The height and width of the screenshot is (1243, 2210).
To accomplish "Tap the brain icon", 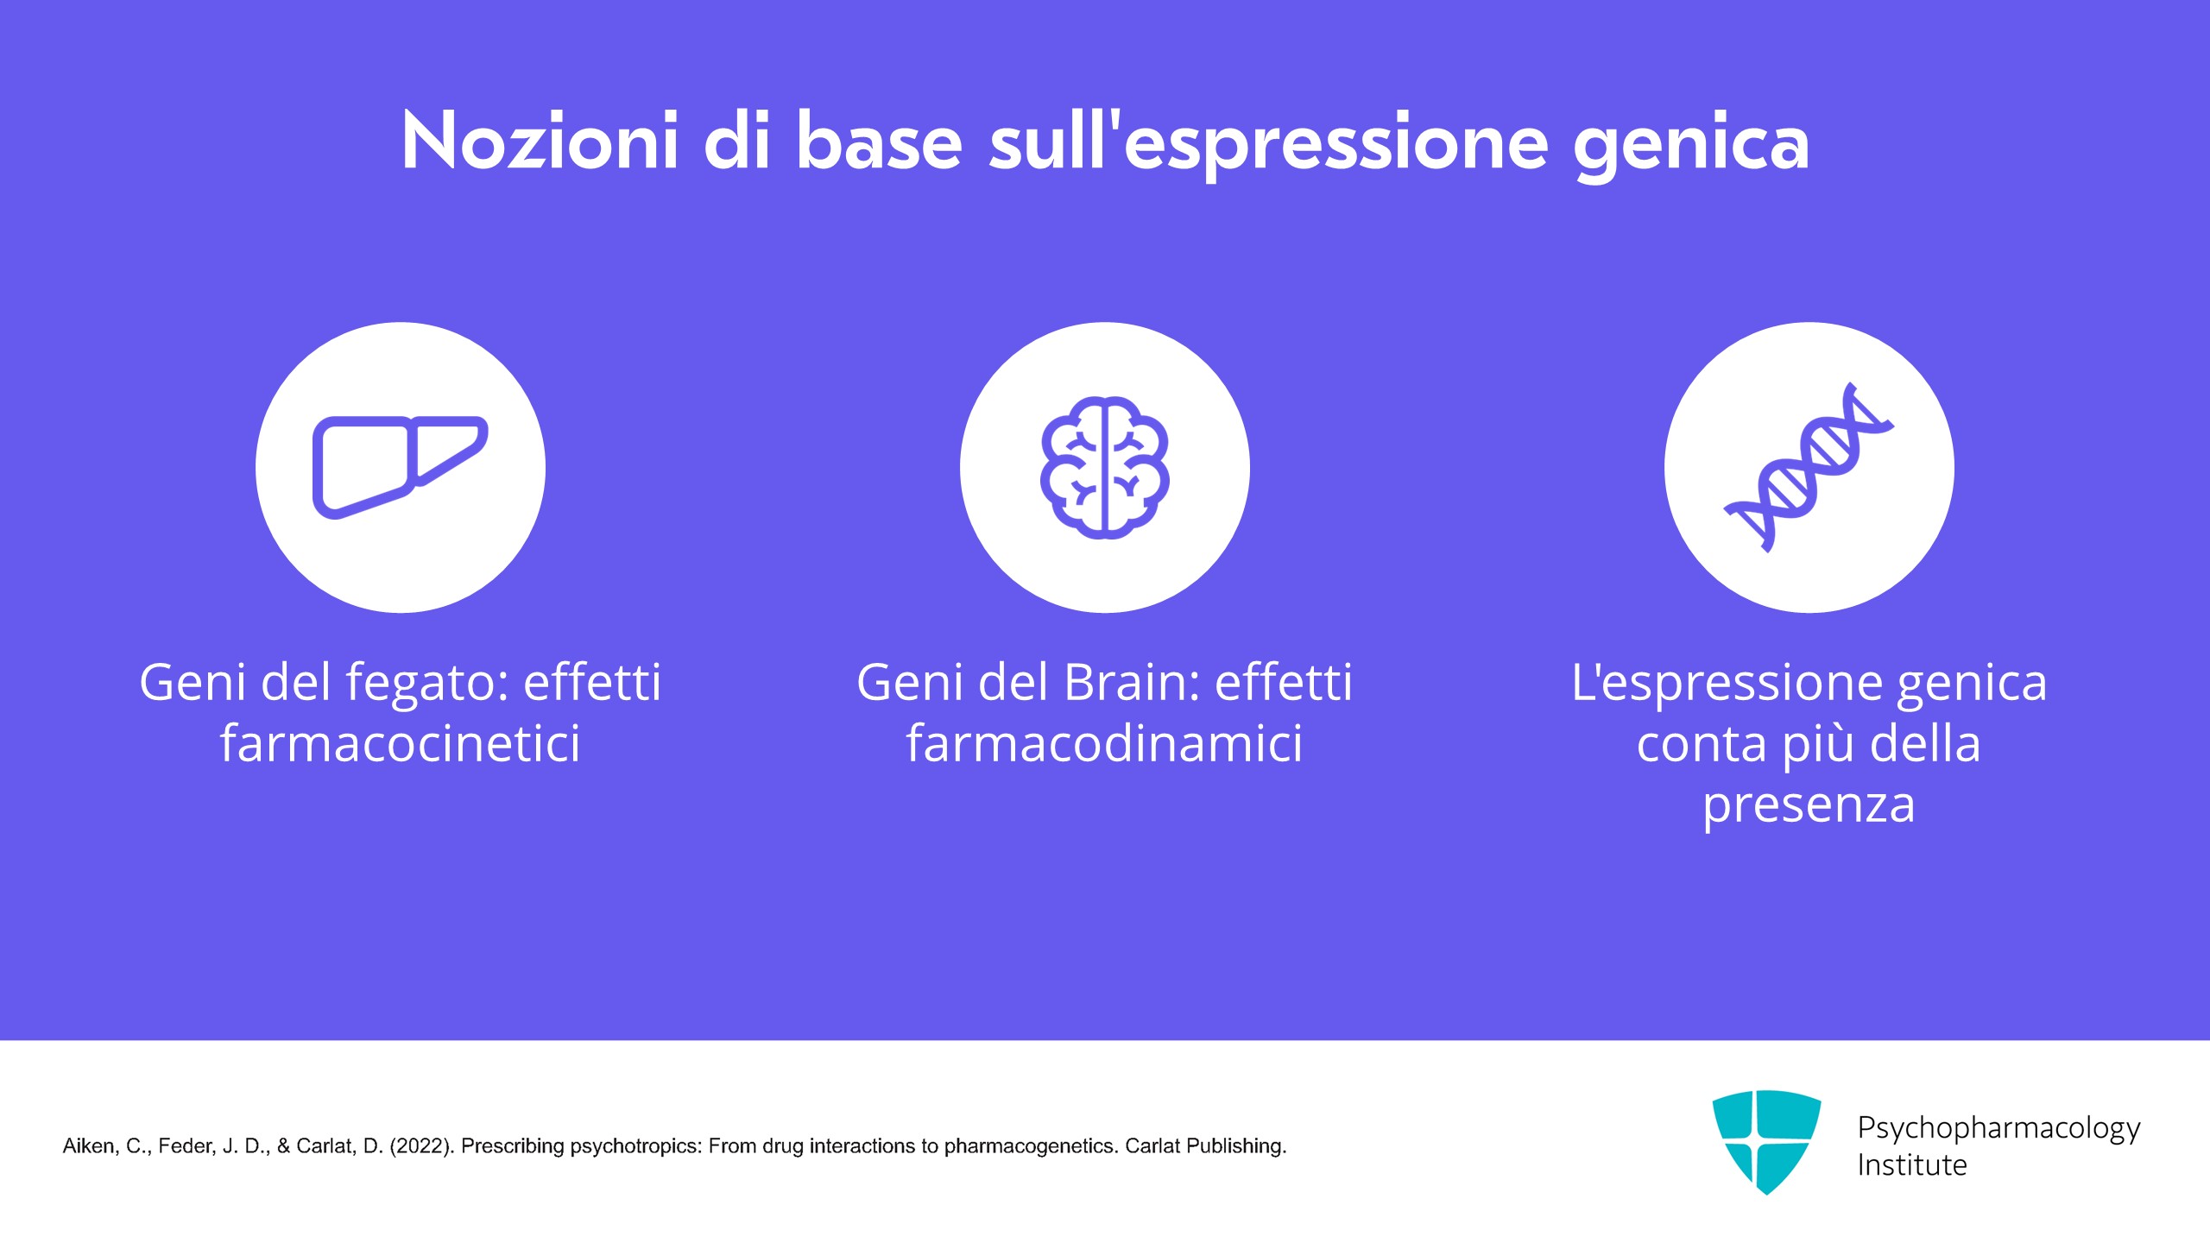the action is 1105,467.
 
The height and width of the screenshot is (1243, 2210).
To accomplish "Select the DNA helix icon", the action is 1809,467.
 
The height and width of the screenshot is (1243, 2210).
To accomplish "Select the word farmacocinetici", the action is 401,743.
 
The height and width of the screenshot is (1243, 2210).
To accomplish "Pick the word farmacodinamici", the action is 1104,743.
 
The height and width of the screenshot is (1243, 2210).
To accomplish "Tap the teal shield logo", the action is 1766,1142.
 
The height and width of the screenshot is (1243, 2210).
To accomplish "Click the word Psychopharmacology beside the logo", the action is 1998,1129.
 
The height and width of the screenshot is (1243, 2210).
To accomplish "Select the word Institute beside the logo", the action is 1912,1165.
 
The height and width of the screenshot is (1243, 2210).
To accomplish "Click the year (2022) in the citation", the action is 422,1146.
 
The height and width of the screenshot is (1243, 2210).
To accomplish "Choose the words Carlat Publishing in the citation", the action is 1206,1147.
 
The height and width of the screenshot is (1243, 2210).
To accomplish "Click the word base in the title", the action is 878,141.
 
